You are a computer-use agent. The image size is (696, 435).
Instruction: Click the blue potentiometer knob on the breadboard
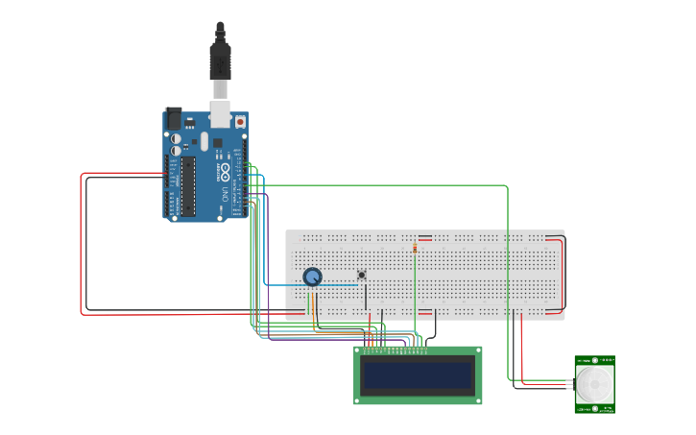(x=312, y=277)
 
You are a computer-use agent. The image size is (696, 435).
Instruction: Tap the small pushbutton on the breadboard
(x=362, y=275)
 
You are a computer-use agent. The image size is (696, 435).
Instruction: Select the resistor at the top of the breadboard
(x=415, y=247)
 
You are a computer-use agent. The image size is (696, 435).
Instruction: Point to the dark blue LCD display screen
(x=419, y=375)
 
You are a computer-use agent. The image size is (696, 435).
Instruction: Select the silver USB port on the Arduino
(x=221, y=114)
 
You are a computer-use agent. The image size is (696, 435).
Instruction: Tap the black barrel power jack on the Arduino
(x=173, y=117)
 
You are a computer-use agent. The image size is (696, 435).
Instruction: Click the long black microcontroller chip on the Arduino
(x=188, y=185)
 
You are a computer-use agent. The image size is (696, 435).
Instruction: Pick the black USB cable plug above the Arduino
(x=221, y=62)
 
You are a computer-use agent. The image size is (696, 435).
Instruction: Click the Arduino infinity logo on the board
(x=225, y=172)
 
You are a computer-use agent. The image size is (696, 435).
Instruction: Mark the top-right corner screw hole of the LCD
(x=477, y=351)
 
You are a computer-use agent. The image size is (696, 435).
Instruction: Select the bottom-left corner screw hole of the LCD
(x=359, y=399)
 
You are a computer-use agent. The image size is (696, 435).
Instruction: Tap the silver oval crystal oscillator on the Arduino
(x=204, y=142)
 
